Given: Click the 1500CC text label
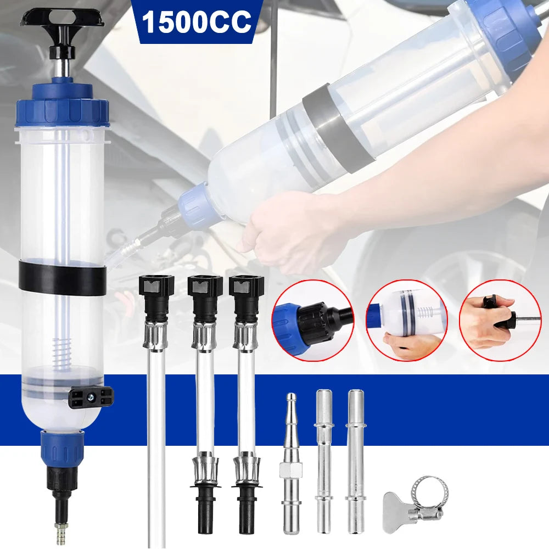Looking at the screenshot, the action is coord(197,22).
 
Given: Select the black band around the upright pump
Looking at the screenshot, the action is coord(63,277).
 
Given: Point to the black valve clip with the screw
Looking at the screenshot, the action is coord(91,397).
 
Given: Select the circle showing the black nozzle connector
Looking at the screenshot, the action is coord(313,321).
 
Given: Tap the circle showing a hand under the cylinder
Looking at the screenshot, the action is coord(406,321).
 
